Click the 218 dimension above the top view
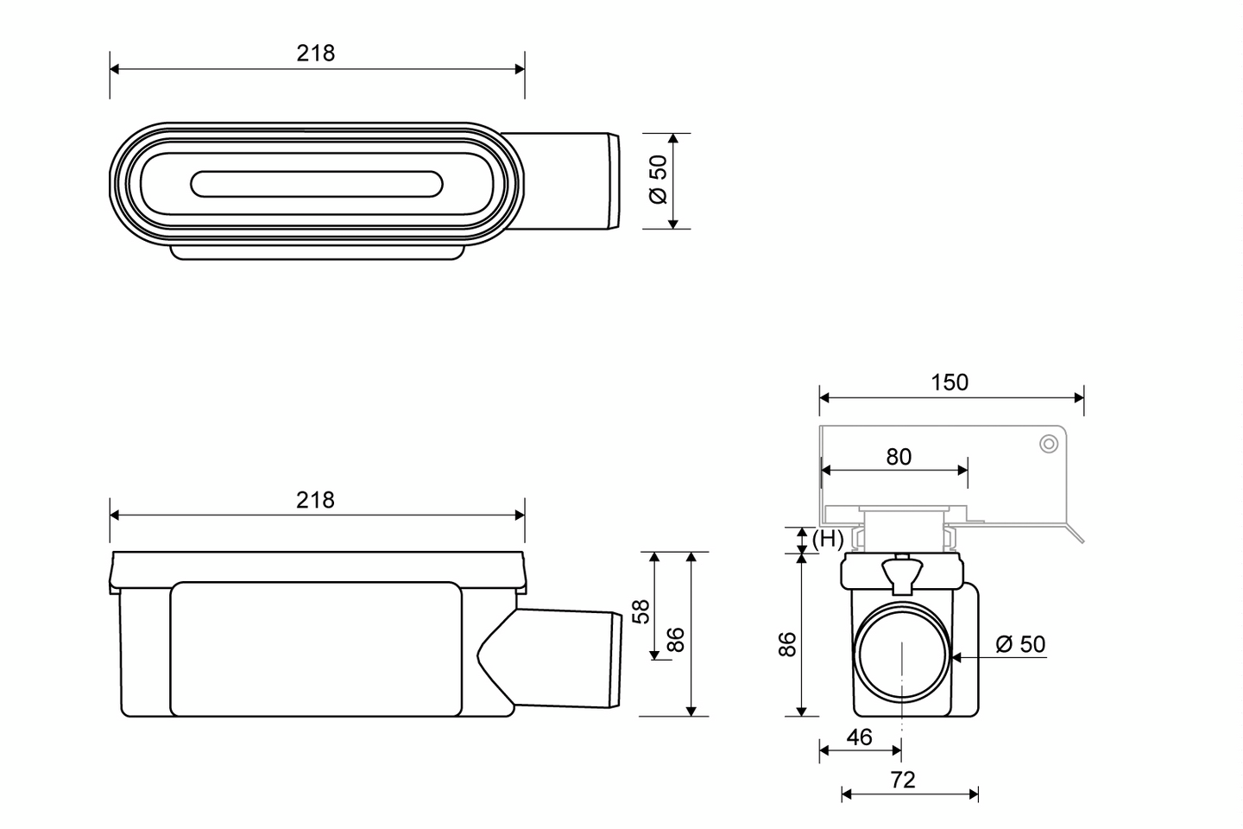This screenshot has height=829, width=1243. (x=316, y=54)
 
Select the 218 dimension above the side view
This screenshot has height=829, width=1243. (x=316, y=500)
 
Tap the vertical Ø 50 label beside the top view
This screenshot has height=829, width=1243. (x=659, y=180)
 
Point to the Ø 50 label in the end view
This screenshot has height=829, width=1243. (x=1019, y=644)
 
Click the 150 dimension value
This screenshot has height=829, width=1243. (x=950, y=383)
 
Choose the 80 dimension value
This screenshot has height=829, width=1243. (x=899, y=457)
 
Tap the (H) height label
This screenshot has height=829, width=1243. (x=828, y=540)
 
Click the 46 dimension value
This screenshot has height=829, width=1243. (x=859, y=737)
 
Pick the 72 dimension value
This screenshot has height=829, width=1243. (x=902, y=780)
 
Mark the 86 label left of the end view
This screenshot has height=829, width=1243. (x=787, y=644)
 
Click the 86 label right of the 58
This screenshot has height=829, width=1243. (x=677, y=639)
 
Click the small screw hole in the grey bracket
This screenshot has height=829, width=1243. (x=1049, y=444)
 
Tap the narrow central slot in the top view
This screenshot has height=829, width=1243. (x=316, y=183)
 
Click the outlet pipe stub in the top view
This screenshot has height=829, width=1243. (x=570, y=181)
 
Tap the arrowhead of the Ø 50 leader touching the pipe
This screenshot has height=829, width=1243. (x=956, y=657)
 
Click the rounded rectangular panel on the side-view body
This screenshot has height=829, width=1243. (x=316, y=649)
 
